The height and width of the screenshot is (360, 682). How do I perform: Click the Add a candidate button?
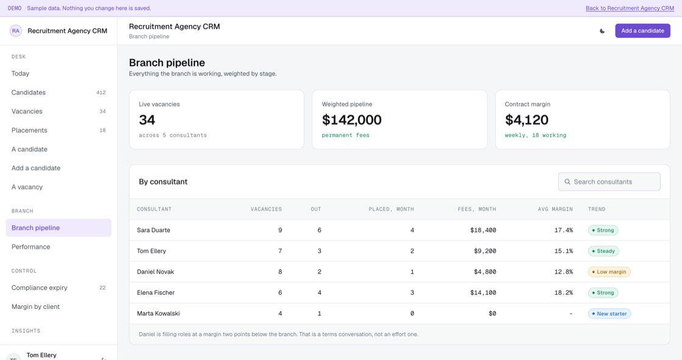[642, 30]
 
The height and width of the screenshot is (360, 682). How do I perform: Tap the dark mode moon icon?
[602, 31]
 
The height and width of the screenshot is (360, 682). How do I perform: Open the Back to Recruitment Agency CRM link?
[630, 9]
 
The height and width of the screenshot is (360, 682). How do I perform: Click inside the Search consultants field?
[609, 182]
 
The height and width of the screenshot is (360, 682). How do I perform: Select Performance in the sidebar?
[30, 247]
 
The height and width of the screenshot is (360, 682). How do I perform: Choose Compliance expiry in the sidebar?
[39, 288]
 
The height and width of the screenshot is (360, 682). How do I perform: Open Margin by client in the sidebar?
[36, 306]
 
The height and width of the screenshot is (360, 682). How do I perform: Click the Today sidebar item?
[21, 74]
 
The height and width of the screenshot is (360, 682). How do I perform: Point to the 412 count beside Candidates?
[101, 93]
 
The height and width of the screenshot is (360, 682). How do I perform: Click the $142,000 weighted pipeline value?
[351, 120]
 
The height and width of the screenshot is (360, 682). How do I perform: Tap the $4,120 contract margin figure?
[526, 120]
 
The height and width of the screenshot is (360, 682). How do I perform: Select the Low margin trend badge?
[609, 272]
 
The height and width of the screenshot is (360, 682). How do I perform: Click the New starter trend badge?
[610, 314]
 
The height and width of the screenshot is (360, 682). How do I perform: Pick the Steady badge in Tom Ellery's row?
[603, 251]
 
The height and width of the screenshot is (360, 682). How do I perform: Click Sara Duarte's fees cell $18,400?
[483, 230]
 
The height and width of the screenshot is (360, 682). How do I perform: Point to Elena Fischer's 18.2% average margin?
[563, 292]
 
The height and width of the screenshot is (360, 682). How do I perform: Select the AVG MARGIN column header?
[555, 209]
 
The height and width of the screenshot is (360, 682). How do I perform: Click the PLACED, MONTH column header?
[391, 209]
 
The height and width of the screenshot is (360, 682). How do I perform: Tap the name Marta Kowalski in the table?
[158, 314]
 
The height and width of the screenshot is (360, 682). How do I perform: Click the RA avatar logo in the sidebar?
[16, 30]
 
